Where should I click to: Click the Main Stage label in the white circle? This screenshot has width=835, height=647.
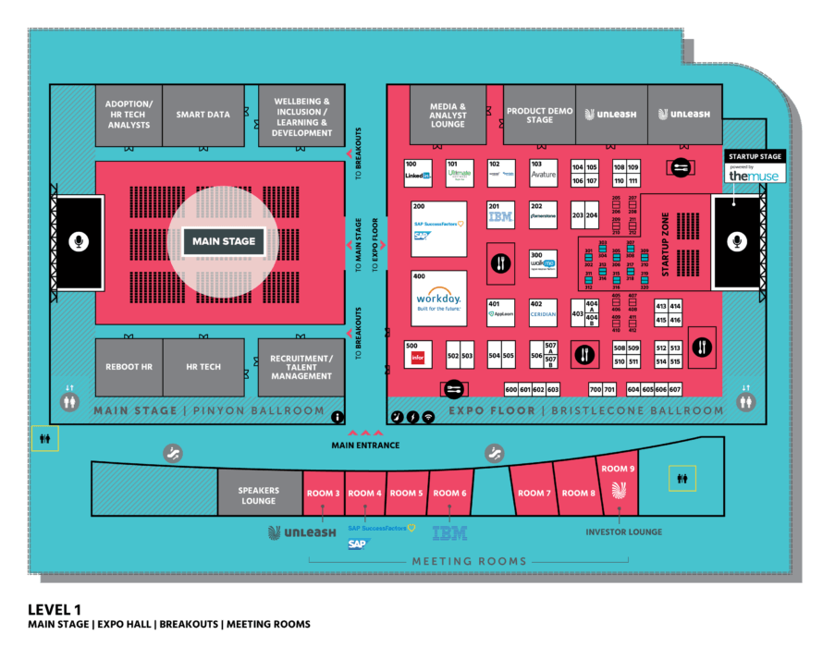tap(223, 242)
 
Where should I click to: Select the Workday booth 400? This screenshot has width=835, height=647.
tap(438, 298)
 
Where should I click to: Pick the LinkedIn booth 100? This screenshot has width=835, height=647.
tap(418, 171)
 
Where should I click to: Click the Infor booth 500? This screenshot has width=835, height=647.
tap(418, 355)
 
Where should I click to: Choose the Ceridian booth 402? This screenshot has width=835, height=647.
tap(543, 311)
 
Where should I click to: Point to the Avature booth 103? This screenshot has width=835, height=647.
tap(543, 171)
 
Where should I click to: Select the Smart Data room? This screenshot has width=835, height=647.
tap(203, 116)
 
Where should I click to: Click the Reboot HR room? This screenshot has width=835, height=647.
tap(129, 367)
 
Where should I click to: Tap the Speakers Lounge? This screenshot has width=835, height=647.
tap(259, 494)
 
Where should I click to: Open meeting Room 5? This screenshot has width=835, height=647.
tap(407, 494)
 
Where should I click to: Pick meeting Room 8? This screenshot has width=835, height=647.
tap(579, 494)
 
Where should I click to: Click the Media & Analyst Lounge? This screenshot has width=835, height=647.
tap(448, 116)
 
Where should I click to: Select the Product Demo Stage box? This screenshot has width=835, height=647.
tap(540, 116)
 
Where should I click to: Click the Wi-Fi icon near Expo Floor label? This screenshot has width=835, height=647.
tap(428, 417)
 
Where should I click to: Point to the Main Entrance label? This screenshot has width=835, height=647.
tap(366, 446)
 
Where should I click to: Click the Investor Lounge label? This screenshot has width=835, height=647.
tap(624, 532)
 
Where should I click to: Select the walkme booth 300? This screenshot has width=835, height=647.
tap(543, 262)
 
